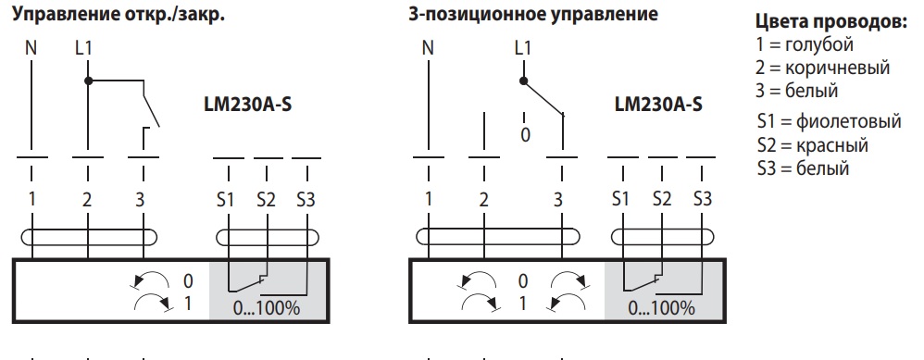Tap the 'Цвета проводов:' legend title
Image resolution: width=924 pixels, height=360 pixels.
[x=830, y=24]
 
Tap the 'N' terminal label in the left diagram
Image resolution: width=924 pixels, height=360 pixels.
[x=31, y=47]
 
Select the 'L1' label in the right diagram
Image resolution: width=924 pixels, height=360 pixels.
[x=522, y=47]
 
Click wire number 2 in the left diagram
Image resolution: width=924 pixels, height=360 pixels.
[x=87, y=198]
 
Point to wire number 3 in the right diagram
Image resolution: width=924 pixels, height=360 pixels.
[x=558, y=198]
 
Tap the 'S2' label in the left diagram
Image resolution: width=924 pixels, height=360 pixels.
[x=266, y=198]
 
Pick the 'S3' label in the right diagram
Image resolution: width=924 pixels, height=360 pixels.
[x=702, y=198]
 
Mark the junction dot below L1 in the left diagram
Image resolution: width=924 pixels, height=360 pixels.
[x=88, y=81]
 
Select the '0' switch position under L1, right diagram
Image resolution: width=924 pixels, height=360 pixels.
[x=525, y=134]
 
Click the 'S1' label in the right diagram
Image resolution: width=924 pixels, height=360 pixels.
[x=621, y=198]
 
